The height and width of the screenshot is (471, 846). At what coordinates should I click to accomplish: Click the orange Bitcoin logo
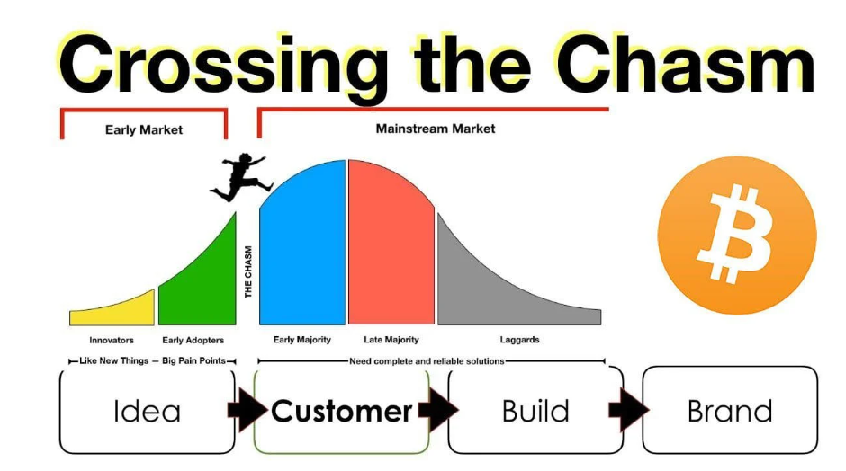click(x=737, y=235)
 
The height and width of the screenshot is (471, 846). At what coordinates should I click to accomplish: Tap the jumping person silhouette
click(x=238, y=177)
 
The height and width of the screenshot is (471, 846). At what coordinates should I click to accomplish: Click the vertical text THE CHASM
click(x=248, y=271)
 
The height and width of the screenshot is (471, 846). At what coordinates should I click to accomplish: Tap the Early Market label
click(x=144, y=129)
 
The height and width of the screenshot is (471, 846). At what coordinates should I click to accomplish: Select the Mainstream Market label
click(x=436, y=129)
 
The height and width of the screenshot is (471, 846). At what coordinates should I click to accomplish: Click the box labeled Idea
click(x=148, y=412)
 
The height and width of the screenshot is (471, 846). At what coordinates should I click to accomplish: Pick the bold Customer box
click(x=341, y=412)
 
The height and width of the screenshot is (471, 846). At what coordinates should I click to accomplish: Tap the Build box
click(x=535, y=412)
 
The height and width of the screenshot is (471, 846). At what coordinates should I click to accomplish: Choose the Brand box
click(x=730, y=412)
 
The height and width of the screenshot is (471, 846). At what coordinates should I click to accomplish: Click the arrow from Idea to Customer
click(x=247, y=411)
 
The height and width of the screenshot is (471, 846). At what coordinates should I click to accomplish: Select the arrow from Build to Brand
click(x=629, y=411)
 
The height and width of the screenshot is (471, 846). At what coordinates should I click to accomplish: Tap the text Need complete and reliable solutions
click(x=427, y=361)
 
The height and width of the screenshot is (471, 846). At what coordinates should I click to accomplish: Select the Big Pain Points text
click(x=193, y=361)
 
